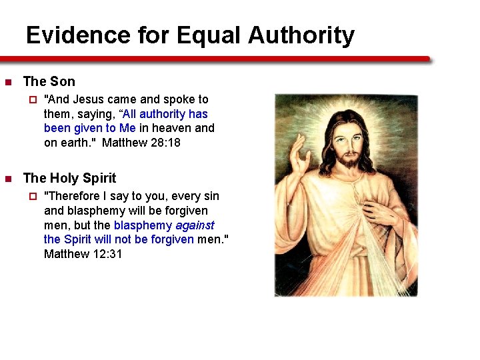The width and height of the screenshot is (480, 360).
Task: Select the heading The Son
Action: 49,82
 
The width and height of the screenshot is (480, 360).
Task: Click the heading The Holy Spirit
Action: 69,179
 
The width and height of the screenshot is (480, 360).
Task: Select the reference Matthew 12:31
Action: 83,254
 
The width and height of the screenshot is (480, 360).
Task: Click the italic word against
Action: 195,225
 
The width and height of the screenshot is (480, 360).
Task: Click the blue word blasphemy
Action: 143,225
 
